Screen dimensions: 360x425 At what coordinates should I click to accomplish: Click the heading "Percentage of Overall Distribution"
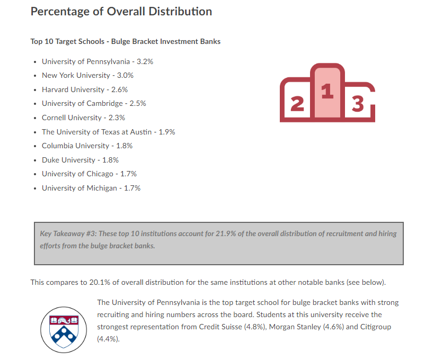pyautogui.click(x=121, y=12)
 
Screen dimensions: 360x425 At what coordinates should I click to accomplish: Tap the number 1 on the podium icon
pyautogui.click(x=327, y=92)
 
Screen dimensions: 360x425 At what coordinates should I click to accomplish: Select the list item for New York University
pyautogui.click(x=87, y=75)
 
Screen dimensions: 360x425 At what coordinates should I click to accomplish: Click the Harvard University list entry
pyautogui.click(x=85, y=89)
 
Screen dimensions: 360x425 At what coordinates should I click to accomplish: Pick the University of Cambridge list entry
pyautogui.click(x=94, y=103)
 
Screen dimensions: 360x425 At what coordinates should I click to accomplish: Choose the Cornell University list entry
pyautogui.click(x=83, y=118)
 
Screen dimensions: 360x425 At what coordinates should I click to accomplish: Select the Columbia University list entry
pyautogui.click(x=87, y=146)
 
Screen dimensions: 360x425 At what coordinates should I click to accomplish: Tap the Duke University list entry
pyautogui.click(x=80, y=160)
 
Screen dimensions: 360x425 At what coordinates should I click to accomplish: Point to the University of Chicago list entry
pyautogui.click(x=89, y=174)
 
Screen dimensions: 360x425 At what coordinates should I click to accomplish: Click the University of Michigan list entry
pyautogui.click(x=91, y=188)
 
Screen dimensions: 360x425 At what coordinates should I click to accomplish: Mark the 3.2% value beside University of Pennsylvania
pyautogui.click(x=145, y=61)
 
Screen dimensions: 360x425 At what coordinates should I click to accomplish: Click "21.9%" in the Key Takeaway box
pyautogui.click(x=234, y=233)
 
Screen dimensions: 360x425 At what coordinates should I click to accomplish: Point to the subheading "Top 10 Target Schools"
pyautogui.click(x=65, y=41)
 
